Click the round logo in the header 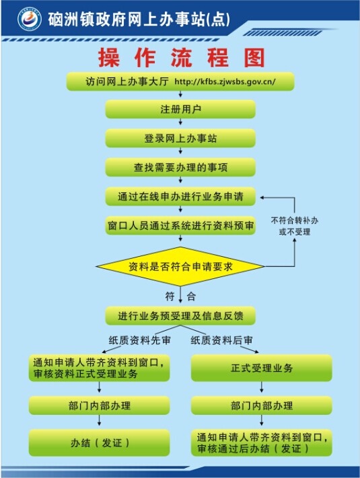(x=30, y=19)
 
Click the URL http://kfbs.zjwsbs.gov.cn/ (x=225, y=82)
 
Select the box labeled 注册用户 (x=180, y=109)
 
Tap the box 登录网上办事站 (x=180, y=138)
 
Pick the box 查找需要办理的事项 (x=180, y=167)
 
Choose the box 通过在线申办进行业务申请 (x=180, y=196)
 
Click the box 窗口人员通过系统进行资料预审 (x=180, y=226)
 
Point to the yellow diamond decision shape (x=180, y=266)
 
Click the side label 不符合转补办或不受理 (x=295, y=226)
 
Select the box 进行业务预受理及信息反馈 (x=180, y=315)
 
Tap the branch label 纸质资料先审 (x=140, y=340)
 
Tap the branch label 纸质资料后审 (x=222, y=340)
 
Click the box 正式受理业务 (x=262, y=368)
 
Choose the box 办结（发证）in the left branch (x=99, y=442)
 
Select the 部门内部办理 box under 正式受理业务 (x=262, y=405)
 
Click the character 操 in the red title (x=108, y=58)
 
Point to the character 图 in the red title (x=254, y=58)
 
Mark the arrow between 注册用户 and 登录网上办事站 (x=180, y=122)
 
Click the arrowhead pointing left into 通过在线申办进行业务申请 (x=262, y=198)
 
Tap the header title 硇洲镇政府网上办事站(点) (x=139, y=19)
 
